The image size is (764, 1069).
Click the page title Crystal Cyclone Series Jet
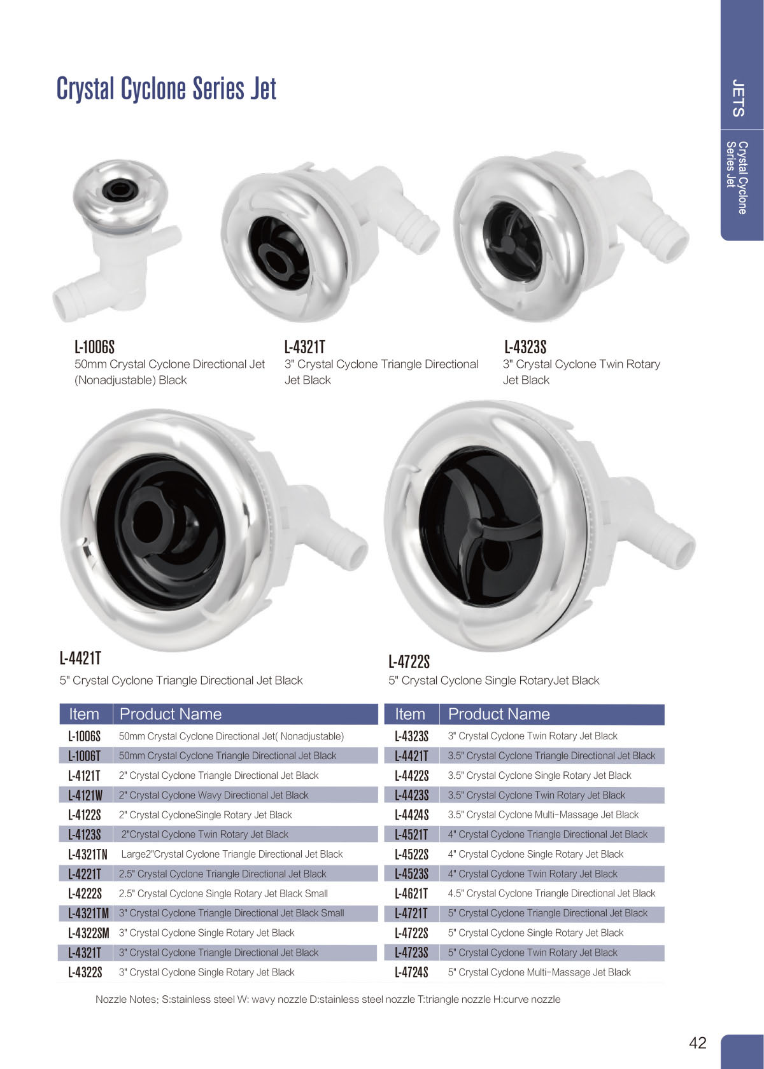[166, 88]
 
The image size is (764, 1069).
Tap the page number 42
[698, 1043]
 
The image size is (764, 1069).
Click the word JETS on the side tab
[739, 98]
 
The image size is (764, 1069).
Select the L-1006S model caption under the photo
[94, 347]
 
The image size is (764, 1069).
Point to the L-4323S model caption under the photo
[525, 347]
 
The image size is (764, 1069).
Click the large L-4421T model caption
[80, 659]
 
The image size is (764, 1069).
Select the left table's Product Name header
[171, 714]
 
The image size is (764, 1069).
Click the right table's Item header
[410, 714]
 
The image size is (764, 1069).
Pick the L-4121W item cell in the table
[85, 795]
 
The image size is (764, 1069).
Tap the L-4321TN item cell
[88, 854]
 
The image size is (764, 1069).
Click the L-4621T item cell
[411, 893]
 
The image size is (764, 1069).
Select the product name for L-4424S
[543, 814]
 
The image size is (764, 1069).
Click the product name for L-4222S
[223, 893]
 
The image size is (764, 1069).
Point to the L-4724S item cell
[411, 972]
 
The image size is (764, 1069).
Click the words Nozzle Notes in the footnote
[127, 999]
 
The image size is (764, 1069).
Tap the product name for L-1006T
[227, 755]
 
